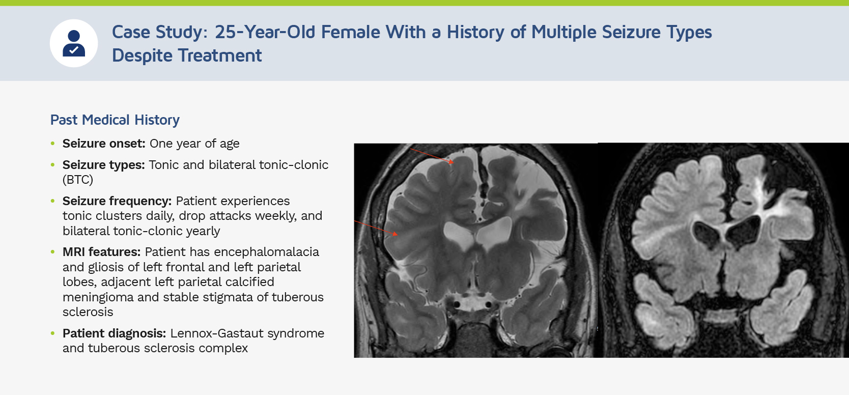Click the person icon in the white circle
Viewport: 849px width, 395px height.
[x=74, y=43]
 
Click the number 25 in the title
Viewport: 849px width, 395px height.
[x=224, y=32]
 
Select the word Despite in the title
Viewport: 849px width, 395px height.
[x=142, y=55]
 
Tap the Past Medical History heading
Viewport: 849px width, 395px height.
[x=115, y=120]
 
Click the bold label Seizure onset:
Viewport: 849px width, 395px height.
[x=104, y=144]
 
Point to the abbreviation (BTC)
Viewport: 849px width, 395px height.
[x=78, y=179]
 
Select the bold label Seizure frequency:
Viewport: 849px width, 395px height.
[x=117, y=201]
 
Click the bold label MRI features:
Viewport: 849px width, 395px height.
[x=102, y=252]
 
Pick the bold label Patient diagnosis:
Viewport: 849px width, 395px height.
[x=114, y=333]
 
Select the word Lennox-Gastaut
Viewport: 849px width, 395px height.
[x=217, y=333]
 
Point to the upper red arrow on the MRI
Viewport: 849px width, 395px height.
[x=432, y=156]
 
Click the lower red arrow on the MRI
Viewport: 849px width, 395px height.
[x=376, y=228]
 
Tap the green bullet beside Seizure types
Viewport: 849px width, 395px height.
[x=53, y=165]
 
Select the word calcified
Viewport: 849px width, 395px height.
[x=250, y=282]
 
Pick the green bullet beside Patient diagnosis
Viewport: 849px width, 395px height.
[x=53, y=333]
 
